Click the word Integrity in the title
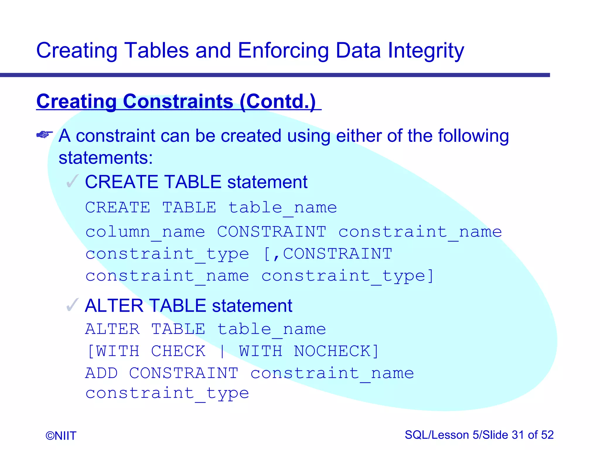click(x=426, y=50)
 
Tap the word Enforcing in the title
click(x=283, y=50)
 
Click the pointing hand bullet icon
click(x=45, y=134)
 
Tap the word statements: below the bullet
click(x=105, y=158)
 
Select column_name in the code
click(x=145, y=232)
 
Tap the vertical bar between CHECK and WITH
click(x=222, y=351)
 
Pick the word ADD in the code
click(x=101, y=373)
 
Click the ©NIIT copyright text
click(x=61, y=436)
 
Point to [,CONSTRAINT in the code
click(x=328, y=254)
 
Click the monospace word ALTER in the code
click(x=112, y=329)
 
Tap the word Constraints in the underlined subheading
click(x=178, y=101)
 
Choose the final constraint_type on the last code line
click(x=167, y=393)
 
